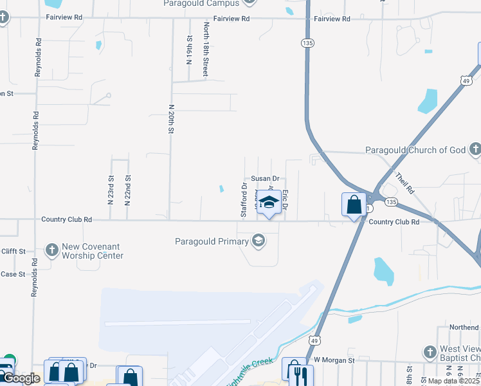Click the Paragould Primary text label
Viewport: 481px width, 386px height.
click(212, 242)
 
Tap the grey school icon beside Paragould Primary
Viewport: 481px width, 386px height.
click(259, 242)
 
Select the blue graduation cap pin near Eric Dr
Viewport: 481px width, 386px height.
click(269, 202)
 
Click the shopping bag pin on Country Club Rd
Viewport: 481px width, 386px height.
click(354, 205)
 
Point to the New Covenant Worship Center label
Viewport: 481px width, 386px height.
click(93, 252)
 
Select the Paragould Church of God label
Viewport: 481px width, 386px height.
click(415, 150)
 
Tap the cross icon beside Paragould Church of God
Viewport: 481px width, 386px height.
click(475, 151)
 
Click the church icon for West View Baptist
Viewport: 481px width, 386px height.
click(430, 352)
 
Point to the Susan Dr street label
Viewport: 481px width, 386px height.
click(266, 179)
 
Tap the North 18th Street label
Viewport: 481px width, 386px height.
click(206, 50)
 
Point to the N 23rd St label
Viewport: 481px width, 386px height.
click(111, 190)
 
